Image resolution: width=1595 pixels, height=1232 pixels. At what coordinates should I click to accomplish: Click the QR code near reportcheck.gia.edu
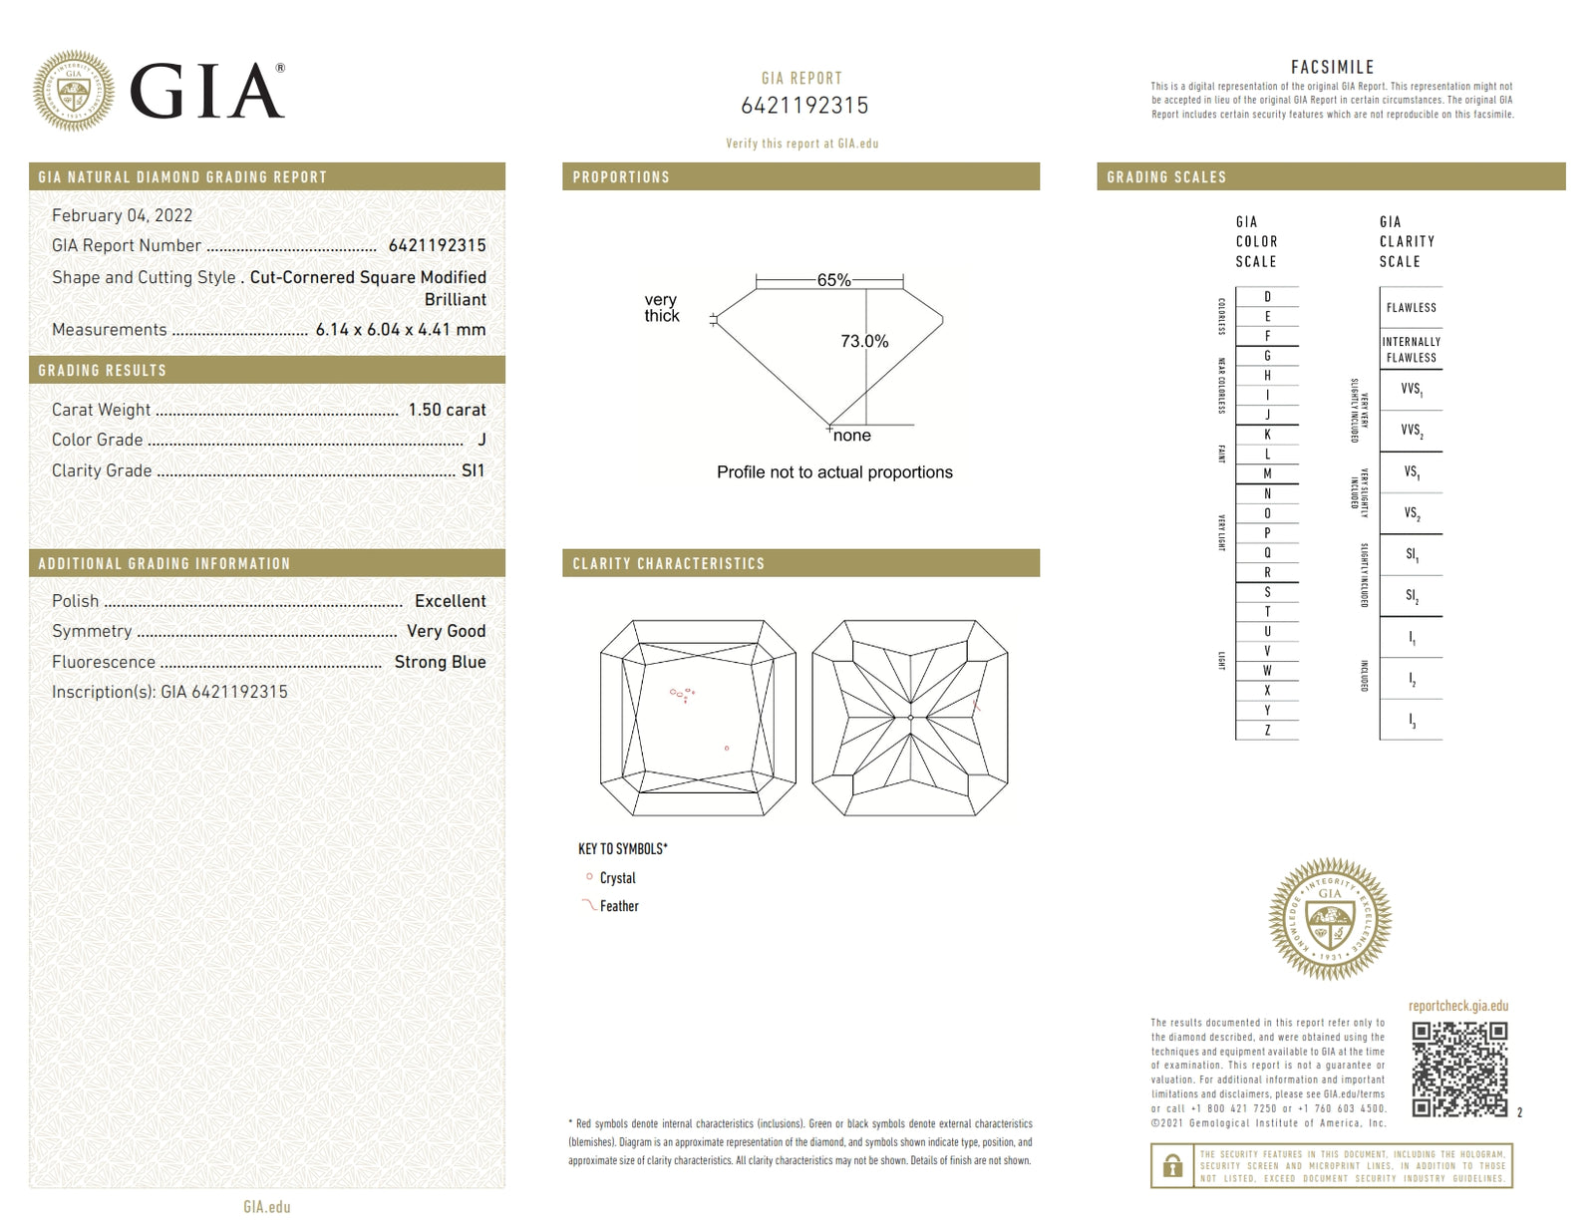(x=1459, y=1069)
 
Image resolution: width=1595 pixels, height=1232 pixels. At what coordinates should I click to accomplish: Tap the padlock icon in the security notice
(x=1173, y=1165)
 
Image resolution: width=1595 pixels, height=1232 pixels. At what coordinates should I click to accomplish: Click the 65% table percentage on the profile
(x=833, y=280)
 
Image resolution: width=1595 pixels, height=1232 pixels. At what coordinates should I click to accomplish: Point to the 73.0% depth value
(x=864, y=341)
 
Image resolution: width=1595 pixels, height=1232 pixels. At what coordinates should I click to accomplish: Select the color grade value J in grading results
(x=481, y=440)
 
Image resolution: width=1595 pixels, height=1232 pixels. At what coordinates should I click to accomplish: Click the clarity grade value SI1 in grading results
(x=473, y=470)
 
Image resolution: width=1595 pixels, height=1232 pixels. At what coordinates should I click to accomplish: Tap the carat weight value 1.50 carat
(x=447, y=410)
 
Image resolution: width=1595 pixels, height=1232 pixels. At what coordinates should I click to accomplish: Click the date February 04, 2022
(x=122, y=215)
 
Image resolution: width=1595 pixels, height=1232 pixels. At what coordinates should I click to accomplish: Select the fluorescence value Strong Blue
(x=440, y=662)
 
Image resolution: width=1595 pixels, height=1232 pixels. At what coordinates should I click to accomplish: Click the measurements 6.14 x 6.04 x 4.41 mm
(x=401, y=330)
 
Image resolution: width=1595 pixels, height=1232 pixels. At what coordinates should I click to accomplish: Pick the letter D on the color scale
(x=1267, y=297)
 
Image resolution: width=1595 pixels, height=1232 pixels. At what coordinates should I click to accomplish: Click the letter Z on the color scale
(x=1267, y=730)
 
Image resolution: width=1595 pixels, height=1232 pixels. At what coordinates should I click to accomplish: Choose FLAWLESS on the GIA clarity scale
(x=1411, y=308)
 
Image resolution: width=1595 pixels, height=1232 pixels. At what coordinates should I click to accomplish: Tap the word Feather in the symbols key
(x=619, y=906)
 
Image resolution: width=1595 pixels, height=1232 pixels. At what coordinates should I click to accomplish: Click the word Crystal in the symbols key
(x=617, y=878)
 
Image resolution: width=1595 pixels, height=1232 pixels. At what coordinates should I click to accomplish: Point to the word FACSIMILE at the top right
(x=1332, y=67)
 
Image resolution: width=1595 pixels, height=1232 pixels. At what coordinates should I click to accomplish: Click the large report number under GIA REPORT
(x=803, y=106)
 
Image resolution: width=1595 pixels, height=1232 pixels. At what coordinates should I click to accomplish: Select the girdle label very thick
(x=661, y=307)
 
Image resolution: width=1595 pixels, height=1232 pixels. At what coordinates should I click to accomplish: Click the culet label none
(x=851, y=436)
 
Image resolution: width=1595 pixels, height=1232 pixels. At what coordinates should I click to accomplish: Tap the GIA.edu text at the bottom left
(x=267, y=1207)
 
